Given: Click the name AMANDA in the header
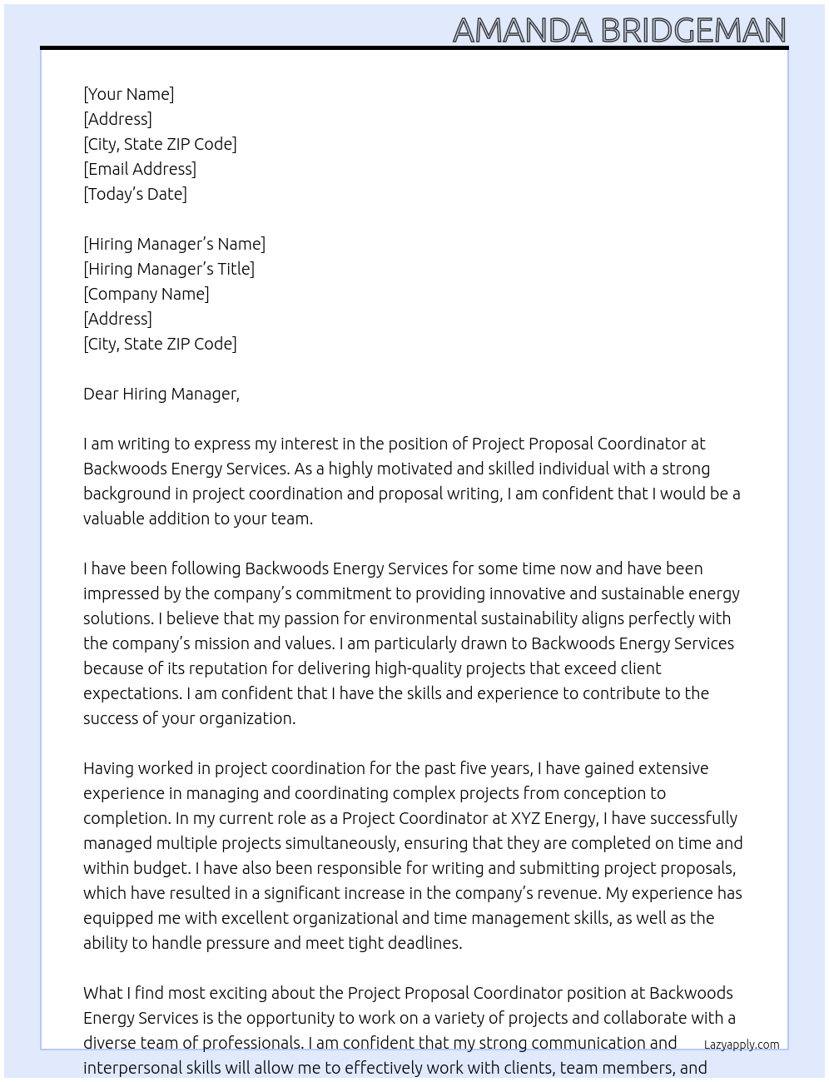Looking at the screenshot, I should click(522, 31).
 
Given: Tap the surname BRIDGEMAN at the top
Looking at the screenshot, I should click(692, 31).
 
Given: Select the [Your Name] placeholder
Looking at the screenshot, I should click(128, 94).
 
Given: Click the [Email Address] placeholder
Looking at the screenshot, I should click(140, 169).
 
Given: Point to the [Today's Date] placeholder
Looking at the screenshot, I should click(135, 194).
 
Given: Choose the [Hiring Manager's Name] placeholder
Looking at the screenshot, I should click(174, 244).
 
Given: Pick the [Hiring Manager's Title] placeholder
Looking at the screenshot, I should click(169, 269).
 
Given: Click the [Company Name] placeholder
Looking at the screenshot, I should click(146, 294).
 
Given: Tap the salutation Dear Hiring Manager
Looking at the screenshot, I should click(161, 394).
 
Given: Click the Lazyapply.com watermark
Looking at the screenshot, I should click(741, 1045).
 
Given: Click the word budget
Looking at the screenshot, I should click(160, 868).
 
